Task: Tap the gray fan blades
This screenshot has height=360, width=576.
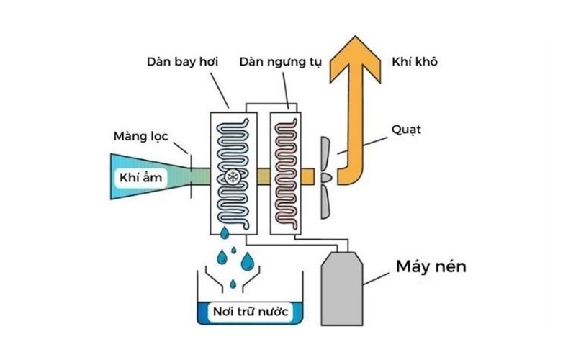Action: coord(326,176)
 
